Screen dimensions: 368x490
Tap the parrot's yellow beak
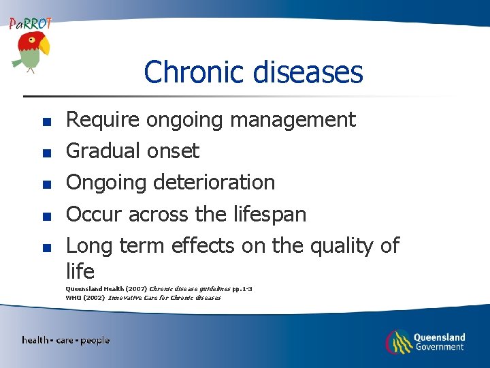pos(44,46)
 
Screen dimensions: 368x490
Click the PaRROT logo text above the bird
pos(30,23)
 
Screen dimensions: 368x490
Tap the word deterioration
pos(214,182)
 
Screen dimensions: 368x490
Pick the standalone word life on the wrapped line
pos(80,271)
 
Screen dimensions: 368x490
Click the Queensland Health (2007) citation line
pos(159,289)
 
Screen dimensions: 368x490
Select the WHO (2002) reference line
pos(143,298)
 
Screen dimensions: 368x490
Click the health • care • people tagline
pos(65,340)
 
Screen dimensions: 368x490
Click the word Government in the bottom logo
pos(439,347)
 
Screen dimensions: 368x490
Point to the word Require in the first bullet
pos(102,120)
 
